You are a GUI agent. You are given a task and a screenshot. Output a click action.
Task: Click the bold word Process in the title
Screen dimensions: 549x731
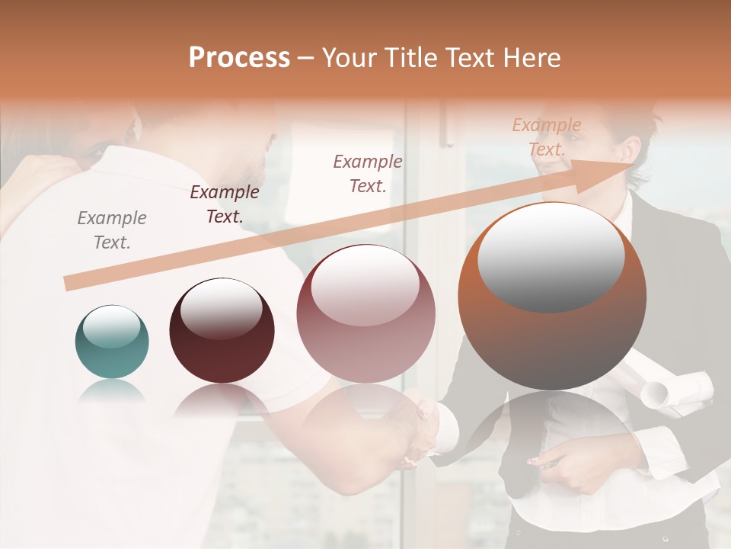pyautogui.click(x=239, y=58)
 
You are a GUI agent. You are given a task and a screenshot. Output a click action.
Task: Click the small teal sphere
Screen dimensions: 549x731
pyautogui.click(x=112, y=342)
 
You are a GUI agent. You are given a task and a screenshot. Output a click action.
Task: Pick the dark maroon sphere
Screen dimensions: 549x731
pyautogui.click(x=222, y=331)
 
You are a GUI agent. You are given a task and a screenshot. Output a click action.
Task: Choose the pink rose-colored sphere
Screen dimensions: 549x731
pyautogui.click(x=365, y=314)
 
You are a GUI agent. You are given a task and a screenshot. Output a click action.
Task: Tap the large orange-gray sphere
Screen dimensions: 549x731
pyautogui.click(x=552, y=297)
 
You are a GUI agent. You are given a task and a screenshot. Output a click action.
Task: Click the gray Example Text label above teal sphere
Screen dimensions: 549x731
pyautogui.click(x=112, y=230)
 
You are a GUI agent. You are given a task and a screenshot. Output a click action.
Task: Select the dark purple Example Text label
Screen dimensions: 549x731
pyautogui.click(x=225, y=204)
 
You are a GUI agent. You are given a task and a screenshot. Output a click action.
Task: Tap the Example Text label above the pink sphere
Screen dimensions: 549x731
pyautogui.click(x=368, y=173)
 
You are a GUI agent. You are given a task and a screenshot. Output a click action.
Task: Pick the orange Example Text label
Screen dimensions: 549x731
pyautogui.click(x=547, y=137)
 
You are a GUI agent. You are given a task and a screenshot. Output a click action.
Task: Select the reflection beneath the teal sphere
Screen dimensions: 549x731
pyautogui.click(x=111, y=391)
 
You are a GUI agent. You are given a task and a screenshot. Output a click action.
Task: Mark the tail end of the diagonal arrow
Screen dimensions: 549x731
pyautogui.click(x=69, y=284)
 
